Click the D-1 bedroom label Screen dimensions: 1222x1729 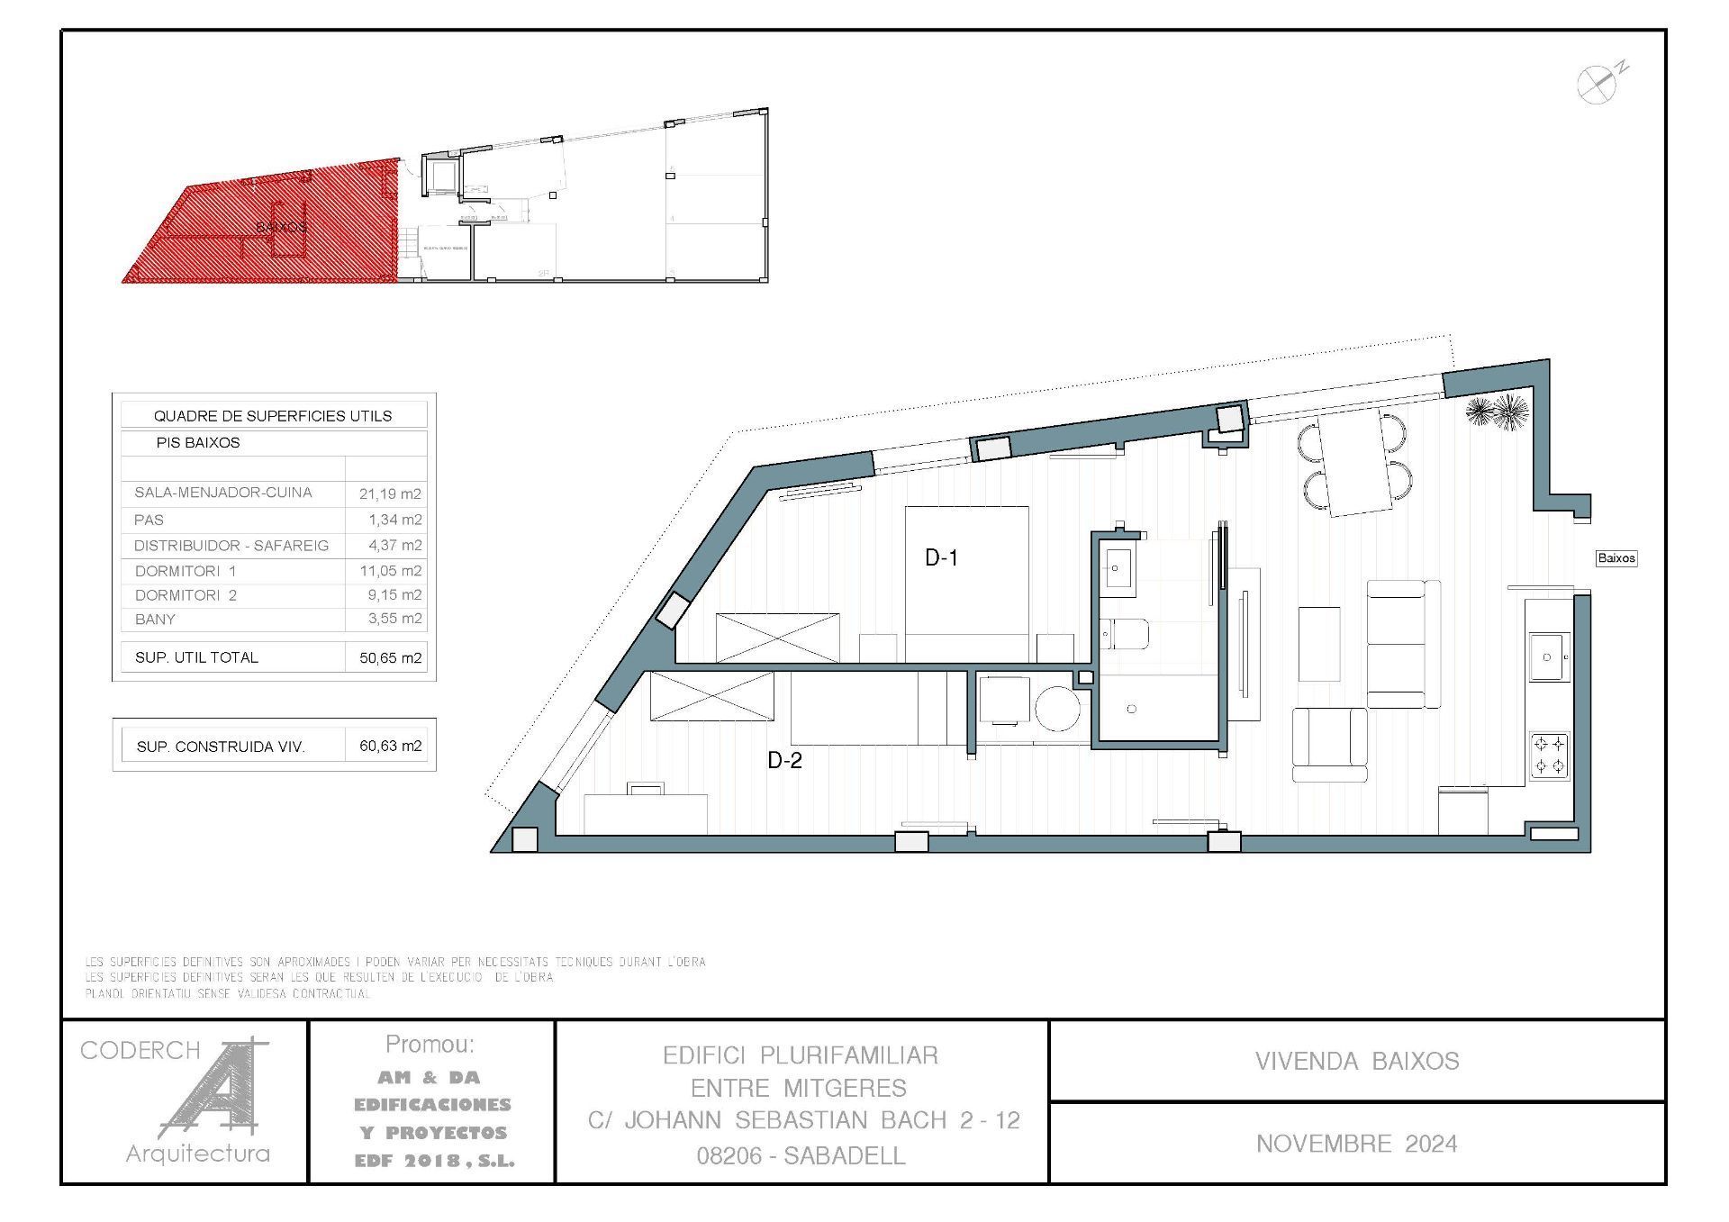coord(941,558)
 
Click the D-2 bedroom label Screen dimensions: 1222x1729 coord(784,761)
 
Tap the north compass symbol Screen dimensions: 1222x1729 coord(1598,84)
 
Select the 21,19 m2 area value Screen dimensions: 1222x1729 coord(390,493)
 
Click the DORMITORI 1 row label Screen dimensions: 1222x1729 coord(186,571)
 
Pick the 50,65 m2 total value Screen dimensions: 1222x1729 coord(390,658)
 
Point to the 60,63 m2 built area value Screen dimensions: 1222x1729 coord(390,746)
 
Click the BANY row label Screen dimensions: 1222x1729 coord(155,620)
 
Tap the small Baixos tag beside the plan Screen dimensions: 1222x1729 coord(1616,558)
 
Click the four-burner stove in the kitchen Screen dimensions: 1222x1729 coord(1550,756)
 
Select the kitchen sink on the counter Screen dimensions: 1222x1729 coord(1548,657)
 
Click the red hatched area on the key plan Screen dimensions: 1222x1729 coord(270,225)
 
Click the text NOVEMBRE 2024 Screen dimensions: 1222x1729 coord(1356,1144)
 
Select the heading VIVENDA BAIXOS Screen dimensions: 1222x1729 coord(1356,1061)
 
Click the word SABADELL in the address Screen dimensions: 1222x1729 coord(844,1156)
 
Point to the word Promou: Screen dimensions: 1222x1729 coord(430,1045)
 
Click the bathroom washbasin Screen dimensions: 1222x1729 coord(1118,568)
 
